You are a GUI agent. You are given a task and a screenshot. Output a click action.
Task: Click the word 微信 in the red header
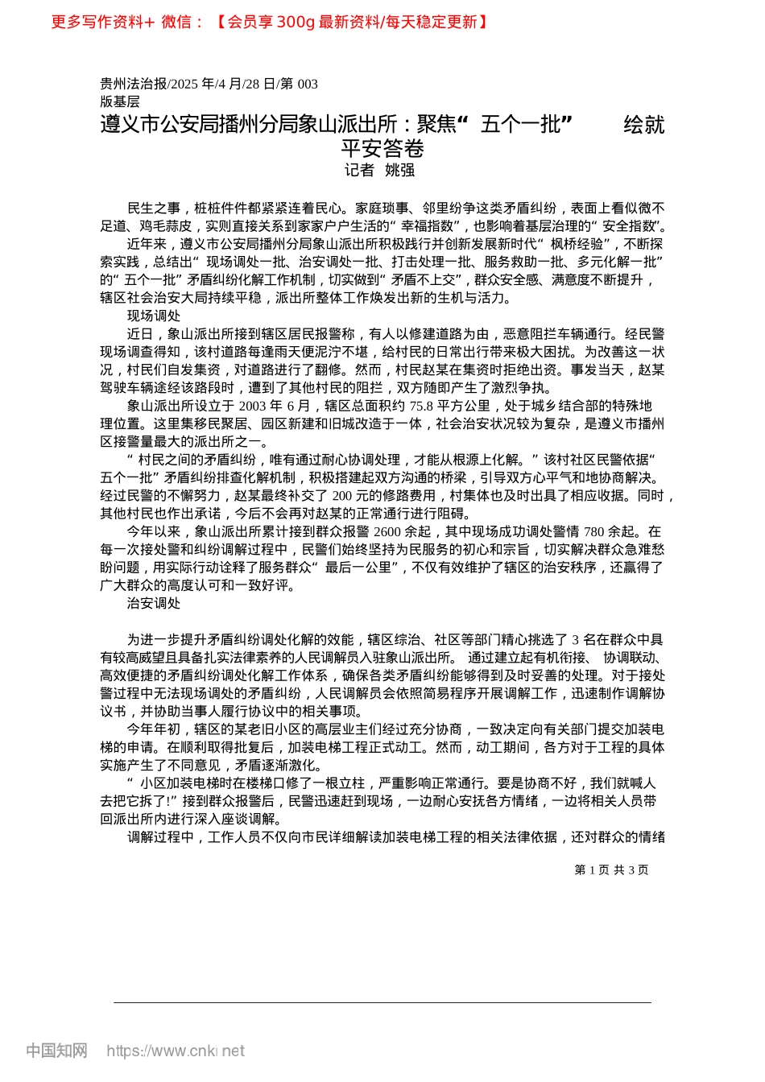(176, 22)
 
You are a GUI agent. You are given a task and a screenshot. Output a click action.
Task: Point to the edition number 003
(307, 84)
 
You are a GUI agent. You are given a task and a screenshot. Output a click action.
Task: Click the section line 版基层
(120, 101)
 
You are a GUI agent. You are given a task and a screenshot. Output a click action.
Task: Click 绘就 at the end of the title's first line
(644, 125)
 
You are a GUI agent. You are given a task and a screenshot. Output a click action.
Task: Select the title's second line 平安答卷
(382, 148)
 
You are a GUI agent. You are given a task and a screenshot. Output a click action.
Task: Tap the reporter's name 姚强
(400, 170)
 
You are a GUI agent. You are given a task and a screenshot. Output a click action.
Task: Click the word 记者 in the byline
(359, 170)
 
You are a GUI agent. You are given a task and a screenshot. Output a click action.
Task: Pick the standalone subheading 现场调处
(154, 316)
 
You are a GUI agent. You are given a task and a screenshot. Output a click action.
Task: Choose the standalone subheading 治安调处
(154, 603)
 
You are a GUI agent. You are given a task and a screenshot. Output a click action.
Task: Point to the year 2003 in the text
(253, 406)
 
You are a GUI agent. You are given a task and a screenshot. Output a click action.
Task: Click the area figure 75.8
(421, 406)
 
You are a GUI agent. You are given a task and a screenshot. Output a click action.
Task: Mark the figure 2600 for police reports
(387, 531)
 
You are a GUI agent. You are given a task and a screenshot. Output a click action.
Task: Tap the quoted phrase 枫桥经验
(577, 244)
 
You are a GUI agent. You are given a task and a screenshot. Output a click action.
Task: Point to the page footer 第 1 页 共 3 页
(611, 869)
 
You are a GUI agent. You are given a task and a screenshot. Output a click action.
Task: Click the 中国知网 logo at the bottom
(56, 1051)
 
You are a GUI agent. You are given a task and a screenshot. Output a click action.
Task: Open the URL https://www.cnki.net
(176, 1051)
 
